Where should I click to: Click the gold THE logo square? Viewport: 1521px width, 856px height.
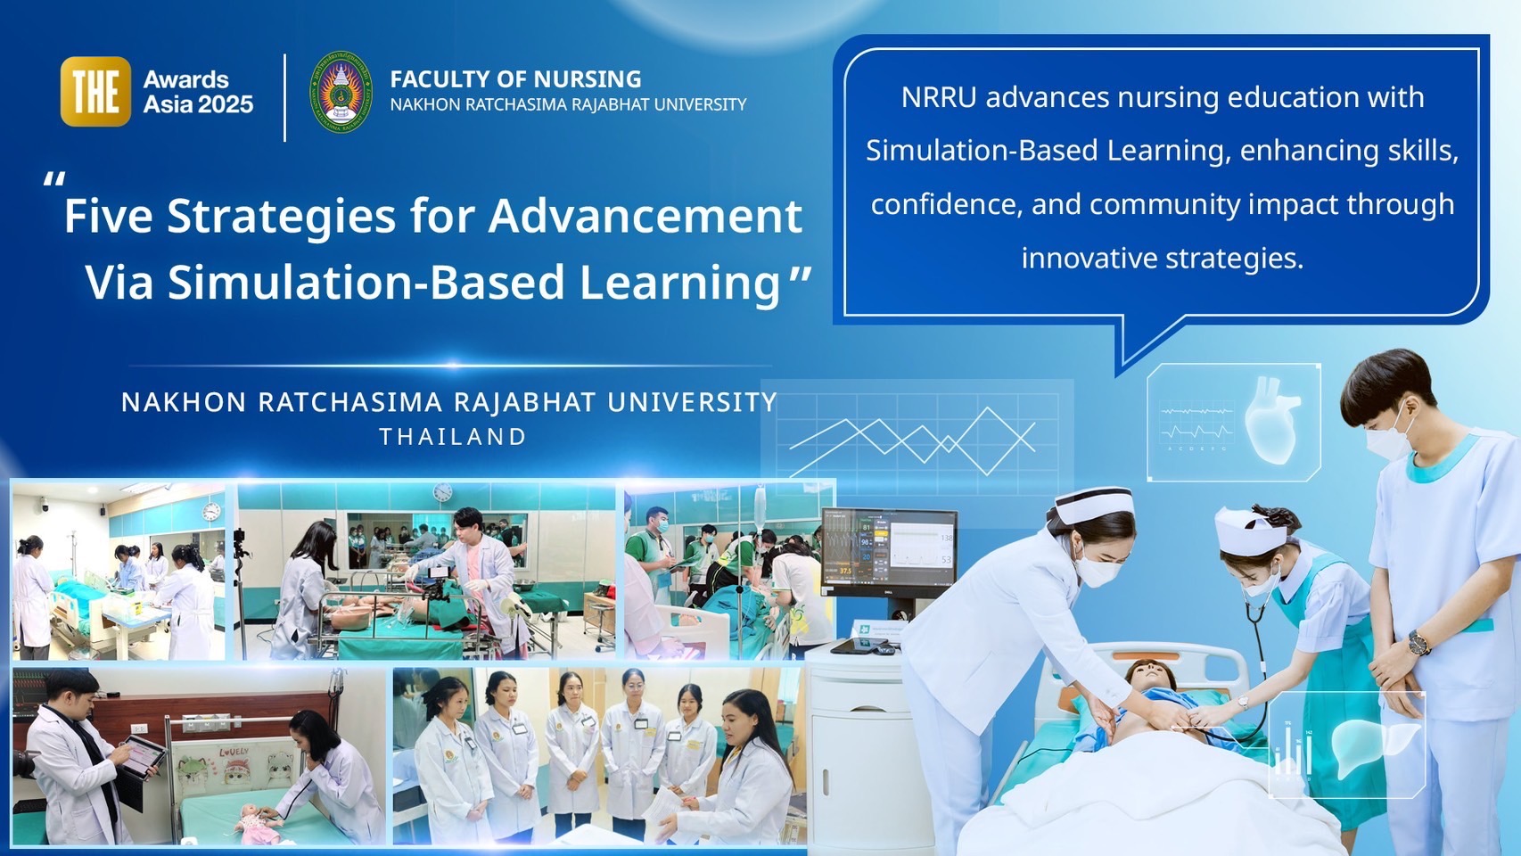(x=95, y=91)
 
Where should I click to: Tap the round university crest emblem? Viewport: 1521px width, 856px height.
(x=341, y=91)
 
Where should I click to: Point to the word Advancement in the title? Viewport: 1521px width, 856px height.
(x=645, y=216)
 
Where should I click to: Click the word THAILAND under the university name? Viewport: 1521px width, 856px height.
(x=453, y=437)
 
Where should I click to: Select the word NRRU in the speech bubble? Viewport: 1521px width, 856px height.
(x=939, y=97)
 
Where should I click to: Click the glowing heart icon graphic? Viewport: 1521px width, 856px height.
(x=1271, y=420)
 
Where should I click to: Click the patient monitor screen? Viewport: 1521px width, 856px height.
(x=889, y=549)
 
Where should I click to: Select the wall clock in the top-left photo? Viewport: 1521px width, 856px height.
(x=211, y=511)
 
